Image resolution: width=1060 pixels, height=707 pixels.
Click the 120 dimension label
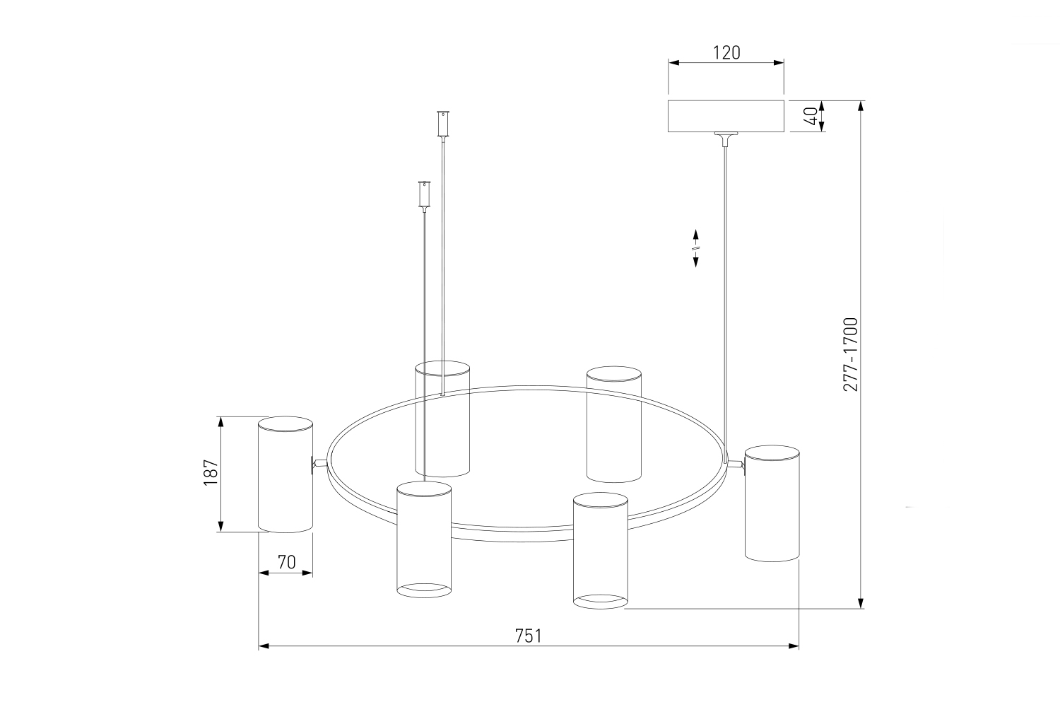[x=726, y=52]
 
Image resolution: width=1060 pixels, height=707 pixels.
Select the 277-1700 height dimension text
[x=850, y=354]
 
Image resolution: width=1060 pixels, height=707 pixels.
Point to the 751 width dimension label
[x=528, y=636]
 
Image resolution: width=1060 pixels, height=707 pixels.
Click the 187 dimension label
[x=211, y=472]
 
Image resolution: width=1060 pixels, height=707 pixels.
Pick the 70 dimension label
[x=286, y=562]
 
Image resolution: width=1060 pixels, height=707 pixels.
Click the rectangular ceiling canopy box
[x=726, y=116]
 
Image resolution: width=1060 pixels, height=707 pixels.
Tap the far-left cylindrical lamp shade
[x=285, y=474]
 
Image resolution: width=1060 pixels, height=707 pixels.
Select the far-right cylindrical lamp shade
[x=772, y=503]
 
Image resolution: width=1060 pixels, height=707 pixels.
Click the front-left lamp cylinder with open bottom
[x=424, y=539]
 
